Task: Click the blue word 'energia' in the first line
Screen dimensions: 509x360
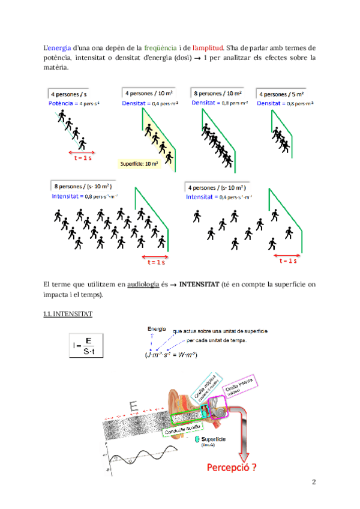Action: pos(59,47)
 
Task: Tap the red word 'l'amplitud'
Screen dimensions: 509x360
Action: pos(207,47)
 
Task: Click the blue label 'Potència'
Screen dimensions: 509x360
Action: pos(63,103)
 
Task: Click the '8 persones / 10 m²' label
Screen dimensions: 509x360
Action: pos(217,94)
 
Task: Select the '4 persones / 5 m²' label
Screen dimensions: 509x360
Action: pos(281,94)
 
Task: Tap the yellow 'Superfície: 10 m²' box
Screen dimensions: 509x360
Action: pos(139,163)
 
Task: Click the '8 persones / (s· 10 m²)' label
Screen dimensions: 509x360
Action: pos(83,187)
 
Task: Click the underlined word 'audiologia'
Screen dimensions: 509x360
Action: pos(143,284)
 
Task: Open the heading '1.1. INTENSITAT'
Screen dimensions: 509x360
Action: pos(68,314)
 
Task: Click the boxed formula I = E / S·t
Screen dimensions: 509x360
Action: pos(87,346)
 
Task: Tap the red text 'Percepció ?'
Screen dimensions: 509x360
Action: pos(230,468)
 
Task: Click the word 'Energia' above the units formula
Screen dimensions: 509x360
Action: pos(157,328)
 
